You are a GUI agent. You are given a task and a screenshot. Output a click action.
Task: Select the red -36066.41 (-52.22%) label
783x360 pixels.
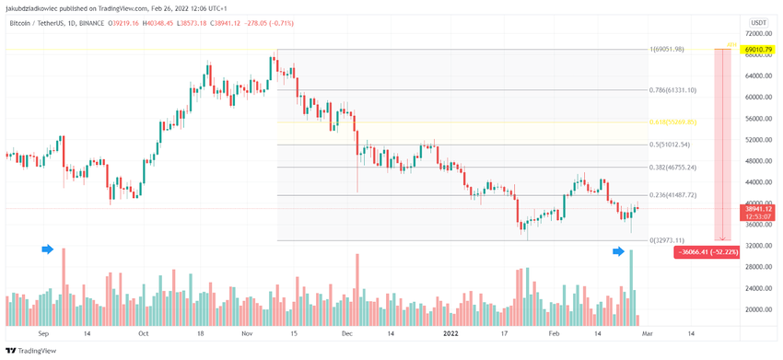click(x=707, y=251)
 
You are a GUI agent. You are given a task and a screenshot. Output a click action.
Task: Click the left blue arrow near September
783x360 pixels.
click(x=48, y=249)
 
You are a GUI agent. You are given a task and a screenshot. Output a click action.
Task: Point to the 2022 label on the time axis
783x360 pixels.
click(x=450, y=333)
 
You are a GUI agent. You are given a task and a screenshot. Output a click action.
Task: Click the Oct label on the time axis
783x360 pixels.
click(x=143, y=333)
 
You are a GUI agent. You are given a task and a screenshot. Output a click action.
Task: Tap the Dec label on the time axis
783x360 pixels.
click(x=346, y=333)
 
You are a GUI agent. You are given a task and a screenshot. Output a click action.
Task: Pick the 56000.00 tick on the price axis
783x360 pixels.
click(x=757, y=119)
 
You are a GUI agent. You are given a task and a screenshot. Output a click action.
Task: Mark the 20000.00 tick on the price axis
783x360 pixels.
click(x=757, y=309)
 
